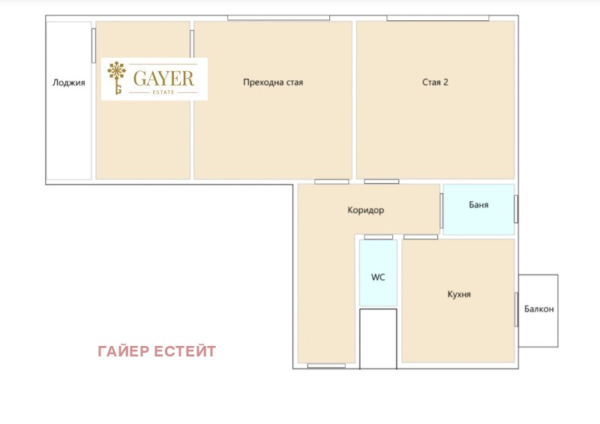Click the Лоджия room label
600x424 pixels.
tap(68, 83)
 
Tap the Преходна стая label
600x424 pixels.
tap(273, 83)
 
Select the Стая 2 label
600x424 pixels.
tap(435, 83)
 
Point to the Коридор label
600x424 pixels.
tap(366, 211)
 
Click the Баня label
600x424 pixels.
tap(478, 205)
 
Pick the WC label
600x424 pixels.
tap(378, 277)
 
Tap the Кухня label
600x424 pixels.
tap(458, 295)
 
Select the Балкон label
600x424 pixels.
tap(538, 309)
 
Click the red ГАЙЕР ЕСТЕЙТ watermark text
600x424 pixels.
tap(157, 351)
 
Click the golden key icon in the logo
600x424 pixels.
tap(117, 79)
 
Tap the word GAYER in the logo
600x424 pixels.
tap(163, 77)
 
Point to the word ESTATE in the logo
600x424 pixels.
tap(163, 92)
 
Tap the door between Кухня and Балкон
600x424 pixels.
tap(516, 310)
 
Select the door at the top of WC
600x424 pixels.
tap(378, 237)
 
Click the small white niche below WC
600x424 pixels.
tap(378, 338)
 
